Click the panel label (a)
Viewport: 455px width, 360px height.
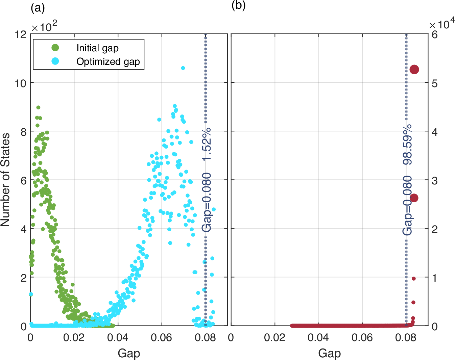coord(38,7)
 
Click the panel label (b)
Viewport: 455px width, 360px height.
coord(238,5)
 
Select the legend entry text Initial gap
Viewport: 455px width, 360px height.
coord(97,48)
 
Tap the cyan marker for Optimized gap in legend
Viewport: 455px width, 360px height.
coord(55,61)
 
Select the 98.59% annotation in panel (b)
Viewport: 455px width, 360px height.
coord(407,145)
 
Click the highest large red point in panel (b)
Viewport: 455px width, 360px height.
coord(414,69)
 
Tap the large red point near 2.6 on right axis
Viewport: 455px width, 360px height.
coord(413,198)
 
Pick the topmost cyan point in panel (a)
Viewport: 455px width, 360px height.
coord(183,68)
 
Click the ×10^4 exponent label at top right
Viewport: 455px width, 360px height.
coord(441,25)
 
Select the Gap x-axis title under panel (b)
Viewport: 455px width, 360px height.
coord(329,353)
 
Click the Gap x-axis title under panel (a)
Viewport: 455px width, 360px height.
coord(129,353)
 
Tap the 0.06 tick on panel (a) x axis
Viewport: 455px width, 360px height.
coord(162,338)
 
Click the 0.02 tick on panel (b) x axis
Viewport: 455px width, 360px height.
coord(274,338)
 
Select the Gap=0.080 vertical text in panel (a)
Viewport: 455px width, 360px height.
coord(207,202)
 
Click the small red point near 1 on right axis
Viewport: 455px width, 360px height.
coord(413,279)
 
